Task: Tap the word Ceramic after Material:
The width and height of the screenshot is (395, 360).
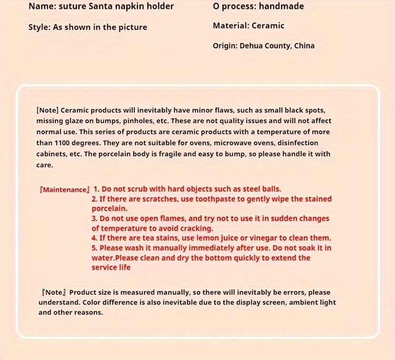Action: [x=268, y=25]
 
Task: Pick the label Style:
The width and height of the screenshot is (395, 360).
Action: [x=39, y=27]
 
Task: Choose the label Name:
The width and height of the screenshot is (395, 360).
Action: [x=42, y=7]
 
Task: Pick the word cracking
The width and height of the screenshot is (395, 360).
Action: [x=198, y=228]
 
